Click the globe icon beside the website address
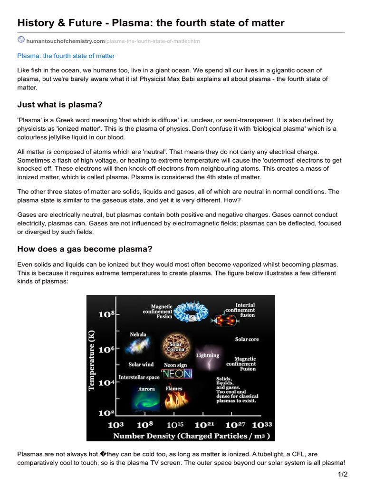pos(21,40)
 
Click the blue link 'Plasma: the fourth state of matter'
pos(66,56)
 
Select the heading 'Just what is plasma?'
pos(60,104)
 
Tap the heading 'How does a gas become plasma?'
pos(85,249)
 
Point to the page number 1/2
pos(343,474)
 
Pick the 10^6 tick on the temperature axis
pos(106,350)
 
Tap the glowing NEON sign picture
pos(177,374)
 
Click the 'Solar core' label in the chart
pos(247,340)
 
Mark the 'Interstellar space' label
pos(139,377)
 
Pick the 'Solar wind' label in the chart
pos(141,365)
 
